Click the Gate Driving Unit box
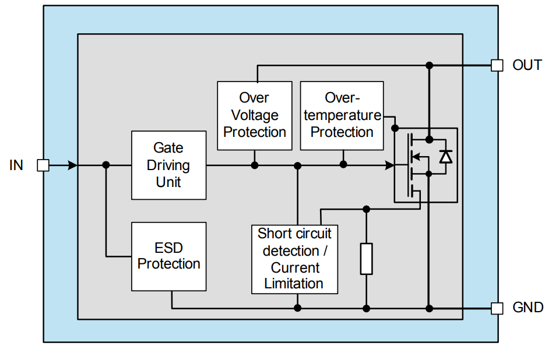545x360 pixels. [x=168, y=165]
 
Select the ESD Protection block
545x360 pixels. [x=168, y=256]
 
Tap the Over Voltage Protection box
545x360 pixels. [x=254, y=115]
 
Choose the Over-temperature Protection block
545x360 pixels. [x=342, y=115]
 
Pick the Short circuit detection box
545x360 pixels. [x=294, y=259]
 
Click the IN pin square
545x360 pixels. [x=43, y=165]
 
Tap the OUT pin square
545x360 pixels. [x=497, y=65]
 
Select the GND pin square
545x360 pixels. [x=497, y=308]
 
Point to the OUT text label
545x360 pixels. [x=527, y=65]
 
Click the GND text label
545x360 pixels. [x=528, y=308]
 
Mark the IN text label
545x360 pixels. [x=16, y=165]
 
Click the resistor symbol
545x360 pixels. [x=366, y=259]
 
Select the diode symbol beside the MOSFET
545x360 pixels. [x=446, y=156]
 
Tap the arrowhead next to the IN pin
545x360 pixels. [x=72, y=165]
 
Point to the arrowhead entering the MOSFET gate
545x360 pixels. [x=390, y=165]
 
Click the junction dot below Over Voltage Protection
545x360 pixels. [x=255, y=165]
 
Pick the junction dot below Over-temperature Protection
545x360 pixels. [x=343, y=165]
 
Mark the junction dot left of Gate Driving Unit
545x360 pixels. [x=106, y=165]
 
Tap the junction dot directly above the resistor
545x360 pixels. [x=366, y=209]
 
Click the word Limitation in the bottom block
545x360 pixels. [x=294, y=284]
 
